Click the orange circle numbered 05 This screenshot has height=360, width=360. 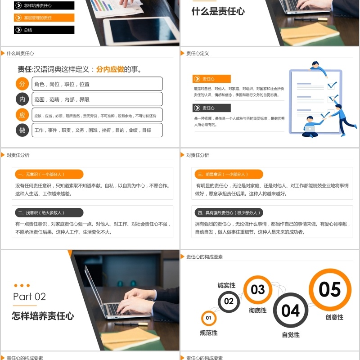coord(330,290)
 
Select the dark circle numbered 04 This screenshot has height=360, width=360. coord(290,310)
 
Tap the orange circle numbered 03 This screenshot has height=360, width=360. coord(258,289)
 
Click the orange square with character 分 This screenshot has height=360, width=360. coord(22,84)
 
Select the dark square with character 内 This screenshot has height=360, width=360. coord(22,99)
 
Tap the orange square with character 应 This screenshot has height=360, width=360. coord(22,115)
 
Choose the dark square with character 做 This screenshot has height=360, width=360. coord(22,130)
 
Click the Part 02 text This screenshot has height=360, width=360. coord(30,297)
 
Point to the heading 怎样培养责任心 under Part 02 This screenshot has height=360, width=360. coord(43,316)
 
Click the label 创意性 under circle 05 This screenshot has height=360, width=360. coord(334,317)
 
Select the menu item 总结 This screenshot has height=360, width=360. coord(44,30)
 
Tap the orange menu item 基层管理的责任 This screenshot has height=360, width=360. coord(44,18)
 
